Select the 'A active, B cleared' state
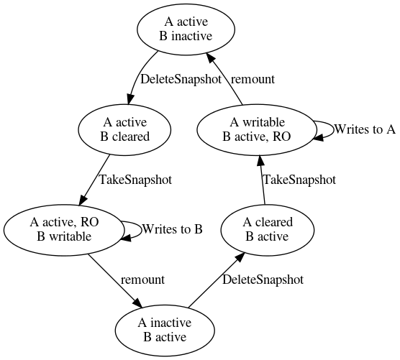(126, 130)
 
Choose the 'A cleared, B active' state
(267, 230)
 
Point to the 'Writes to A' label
(365, 129)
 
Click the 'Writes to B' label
(172, 230)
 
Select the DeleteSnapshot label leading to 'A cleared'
(262, 280)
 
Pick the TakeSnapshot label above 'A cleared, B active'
(299, 180)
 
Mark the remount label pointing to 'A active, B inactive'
(253, 80)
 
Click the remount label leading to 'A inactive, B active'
(142, 280)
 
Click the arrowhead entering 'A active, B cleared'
(132, 99)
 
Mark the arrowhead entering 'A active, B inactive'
(206, 59)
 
